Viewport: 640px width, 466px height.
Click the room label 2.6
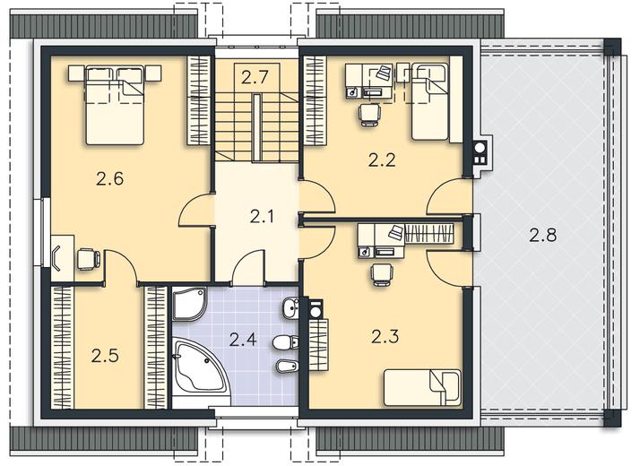[109, 178]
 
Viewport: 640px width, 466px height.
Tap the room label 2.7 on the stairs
[255, 77]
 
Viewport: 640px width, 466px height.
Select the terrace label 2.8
[543, 235]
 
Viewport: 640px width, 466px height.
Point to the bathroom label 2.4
[242, 339]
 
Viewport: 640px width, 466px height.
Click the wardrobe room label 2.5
[105, 356]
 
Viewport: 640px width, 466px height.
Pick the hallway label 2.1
[262, 217]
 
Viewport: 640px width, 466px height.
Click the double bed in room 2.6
[115, 105]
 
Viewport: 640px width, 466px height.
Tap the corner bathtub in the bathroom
[200, 367]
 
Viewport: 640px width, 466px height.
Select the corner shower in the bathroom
[190, 305]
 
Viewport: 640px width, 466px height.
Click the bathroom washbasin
[290, 308]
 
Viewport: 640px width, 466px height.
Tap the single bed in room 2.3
[422, 387]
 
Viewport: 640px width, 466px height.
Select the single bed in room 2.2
[430, 101]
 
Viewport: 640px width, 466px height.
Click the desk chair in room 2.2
[370, 114]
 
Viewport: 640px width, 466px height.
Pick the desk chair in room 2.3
[382, 273]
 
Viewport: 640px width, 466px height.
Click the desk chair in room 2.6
[89, 259]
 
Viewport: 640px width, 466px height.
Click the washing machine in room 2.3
[316, 310]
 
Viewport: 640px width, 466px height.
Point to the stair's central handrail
[256, 128]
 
